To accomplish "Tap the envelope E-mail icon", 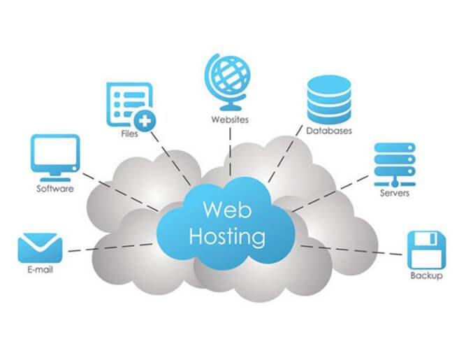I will [x=40, y=247].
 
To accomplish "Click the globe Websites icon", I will [x=228, y=80].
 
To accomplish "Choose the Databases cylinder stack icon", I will [x=328, y=99].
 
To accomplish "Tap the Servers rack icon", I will [x=395, y=161].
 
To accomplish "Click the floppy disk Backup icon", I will [x=426, y=249].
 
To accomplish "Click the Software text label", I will [x=55, y=188].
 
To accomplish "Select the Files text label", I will [x=128, y=134].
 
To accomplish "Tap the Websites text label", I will [x=229, y=120].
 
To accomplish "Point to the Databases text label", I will [x=328, y=131].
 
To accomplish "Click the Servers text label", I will [x=394, y=192].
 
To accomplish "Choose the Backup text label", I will [x=426, y=276].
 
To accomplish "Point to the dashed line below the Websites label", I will [x=228, y=150].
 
